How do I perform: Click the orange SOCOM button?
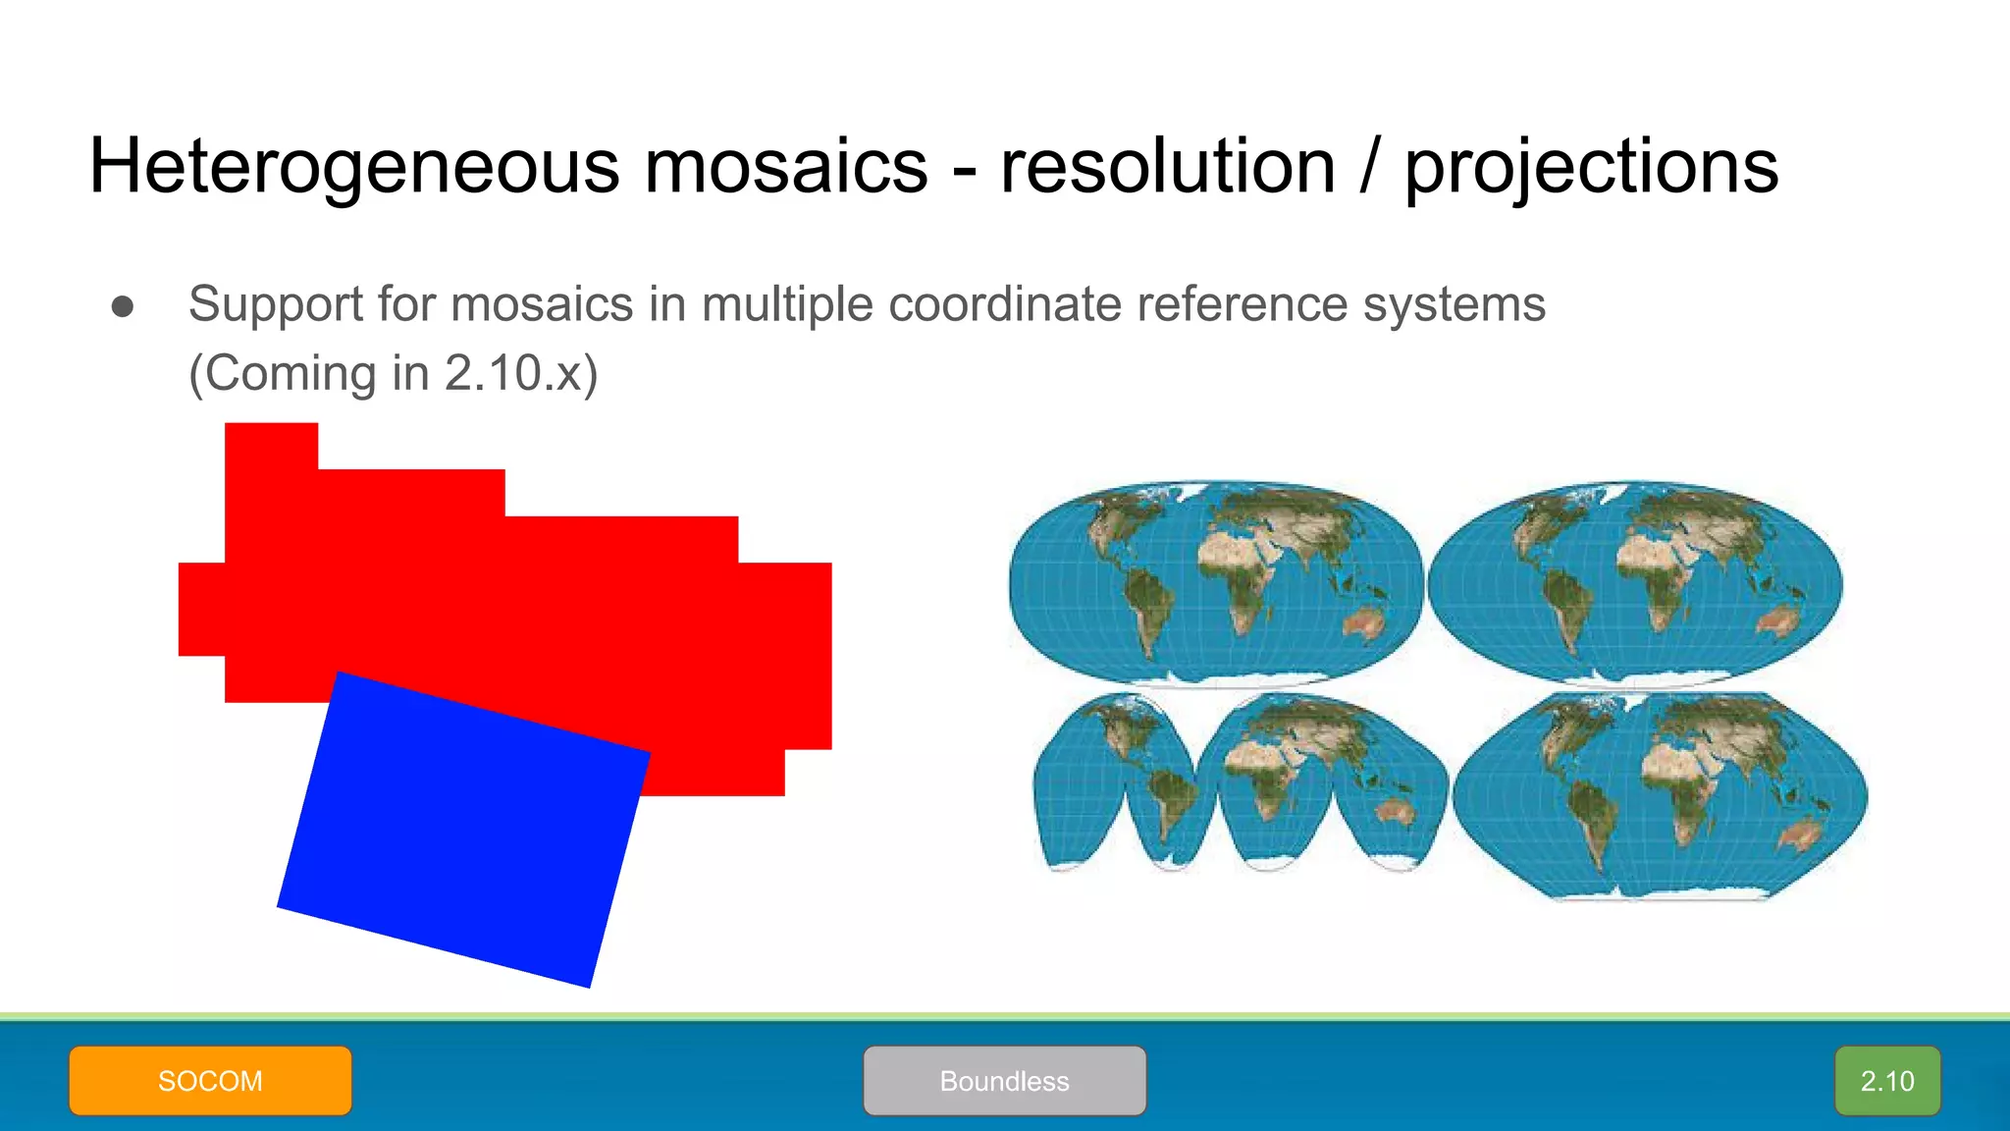point(210,1080)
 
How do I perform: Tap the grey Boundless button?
point(1004,1080)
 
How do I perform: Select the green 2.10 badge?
point(1886,1080)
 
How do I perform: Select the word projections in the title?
point(1590,167)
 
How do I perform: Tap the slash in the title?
point(1370,167)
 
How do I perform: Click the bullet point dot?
point(123,306)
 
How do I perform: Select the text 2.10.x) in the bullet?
point(520,373)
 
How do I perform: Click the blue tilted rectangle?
point(463,830)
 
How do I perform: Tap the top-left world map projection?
point(1215,582)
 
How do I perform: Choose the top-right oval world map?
point(1635,582)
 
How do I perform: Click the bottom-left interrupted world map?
point(1239,782)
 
